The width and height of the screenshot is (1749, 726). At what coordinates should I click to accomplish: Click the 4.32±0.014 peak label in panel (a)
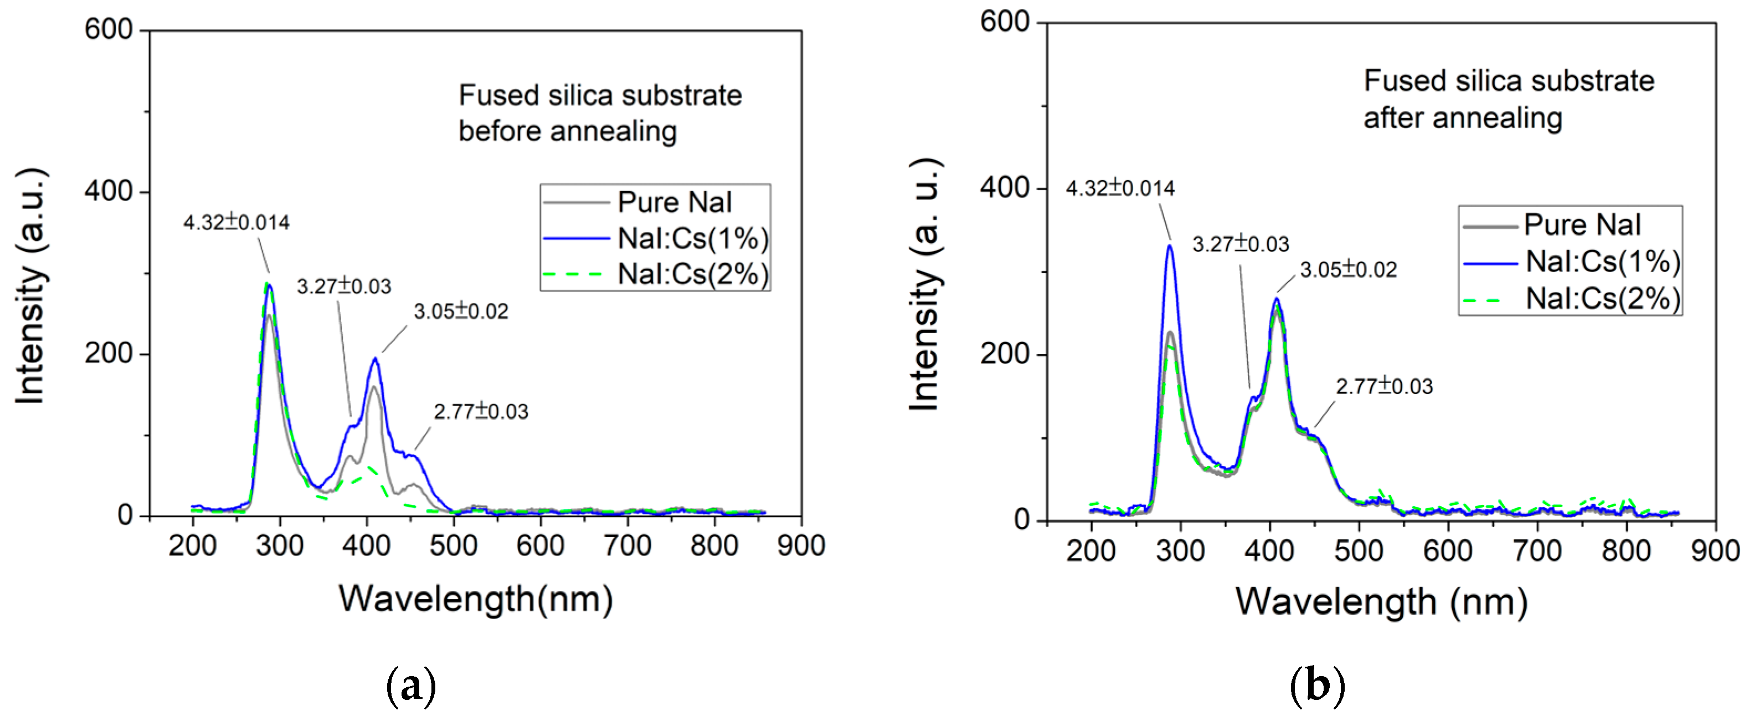point(236,222)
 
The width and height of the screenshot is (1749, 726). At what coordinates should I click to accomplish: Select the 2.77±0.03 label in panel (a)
point(481,412)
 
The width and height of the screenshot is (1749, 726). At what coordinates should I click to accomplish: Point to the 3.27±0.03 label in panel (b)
point(1241,244)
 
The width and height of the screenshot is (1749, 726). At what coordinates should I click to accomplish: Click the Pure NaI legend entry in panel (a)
point(673,202)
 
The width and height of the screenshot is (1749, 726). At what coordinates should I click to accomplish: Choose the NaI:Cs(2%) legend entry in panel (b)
point(1602,298)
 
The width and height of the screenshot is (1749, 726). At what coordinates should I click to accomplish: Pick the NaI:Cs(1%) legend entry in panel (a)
point(692,238)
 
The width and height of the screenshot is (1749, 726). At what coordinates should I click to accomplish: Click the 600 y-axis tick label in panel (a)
point(108,30)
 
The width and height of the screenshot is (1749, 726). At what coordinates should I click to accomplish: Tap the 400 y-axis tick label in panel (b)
point(1004,187)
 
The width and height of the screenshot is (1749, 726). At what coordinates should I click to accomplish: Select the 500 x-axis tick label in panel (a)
point(454,545)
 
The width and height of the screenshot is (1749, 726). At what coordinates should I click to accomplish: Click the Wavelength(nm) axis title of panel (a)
point(476,599)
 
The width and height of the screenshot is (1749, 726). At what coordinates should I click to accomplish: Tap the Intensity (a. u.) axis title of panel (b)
point(925,285)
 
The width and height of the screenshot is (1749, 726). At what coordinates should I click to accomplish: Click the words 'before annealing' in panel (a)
point(568,131)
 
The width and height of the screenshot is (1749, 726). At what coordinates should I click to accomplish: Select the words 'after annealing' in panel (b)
point(1463,118)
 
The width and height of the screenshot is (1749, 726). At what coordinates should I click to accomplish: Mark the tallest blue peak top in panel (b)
point(1170,246)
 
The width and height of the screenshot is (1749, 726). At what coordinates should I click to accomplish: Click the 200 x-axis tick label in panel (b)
point(1090,551)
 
